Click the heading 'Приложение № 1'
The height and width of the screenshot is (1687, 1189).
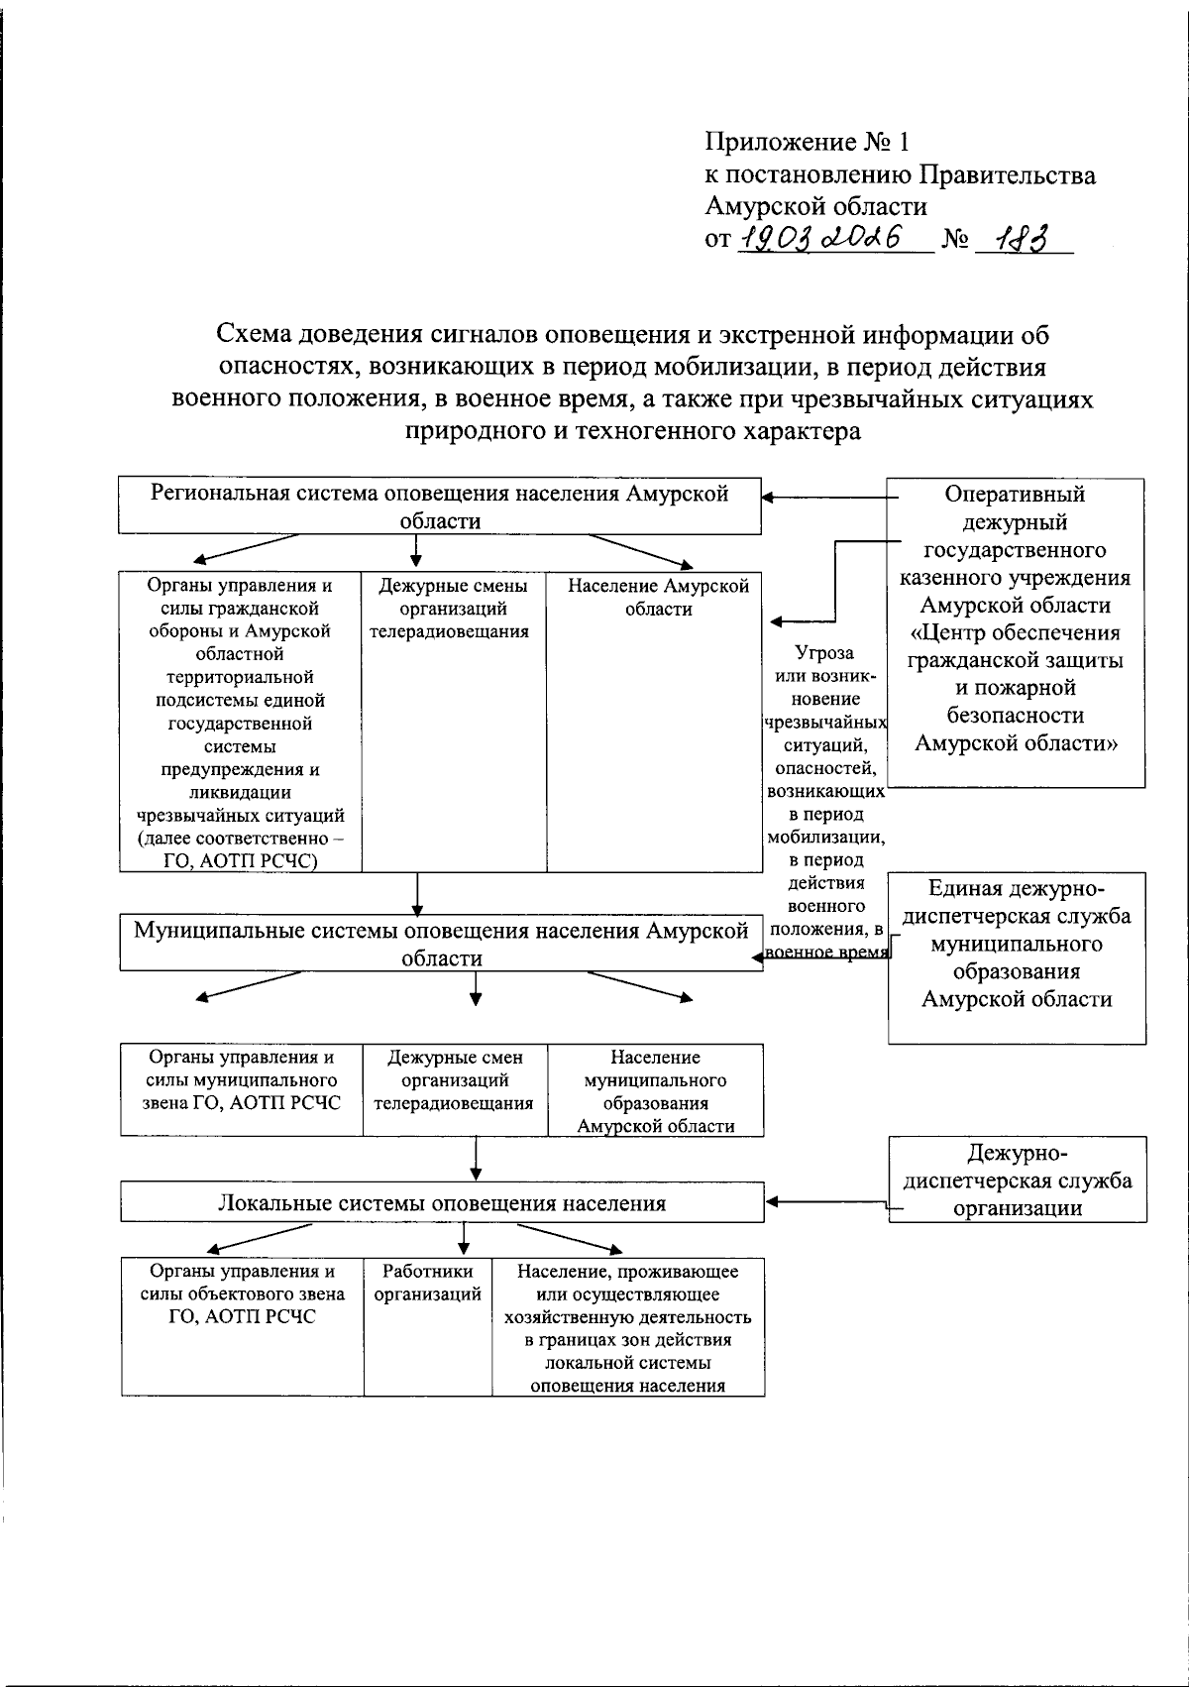[806, 142]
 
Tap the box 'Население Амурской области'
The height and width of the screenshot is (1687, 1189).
[658, 721]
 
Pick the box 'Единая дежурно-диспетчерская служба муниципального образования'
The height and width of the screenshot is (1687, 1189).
[1017, 956]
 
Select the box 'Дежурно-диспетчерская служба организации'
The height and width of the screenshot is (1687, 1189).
[1017, 1179]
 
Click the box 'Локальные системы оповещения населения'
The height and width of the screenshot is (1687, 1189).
[442, 1202]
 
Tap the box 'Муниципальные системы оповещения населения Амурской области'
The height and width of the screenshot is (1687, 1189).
[442, 943]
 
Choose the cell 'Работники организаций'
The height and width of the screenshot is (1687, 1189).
[427, 1325]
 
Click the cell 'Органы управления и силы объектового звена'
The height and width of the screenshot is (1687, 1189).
[242, 1325]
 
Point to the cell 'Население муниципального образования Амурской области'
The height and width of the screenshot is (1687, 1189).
[656, 1089]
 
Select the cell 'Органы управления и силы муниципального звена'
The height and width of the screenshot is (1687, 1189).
[242, 1089]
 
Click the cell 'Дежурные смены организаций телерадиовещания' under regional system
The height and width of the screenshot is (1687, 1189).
[454, 721]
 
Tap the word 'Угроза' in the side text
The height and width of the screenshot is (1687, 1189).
[824, 653]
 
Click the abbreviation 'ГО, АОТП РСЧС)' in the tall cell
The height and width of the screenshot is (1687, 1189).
[241, 860]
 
